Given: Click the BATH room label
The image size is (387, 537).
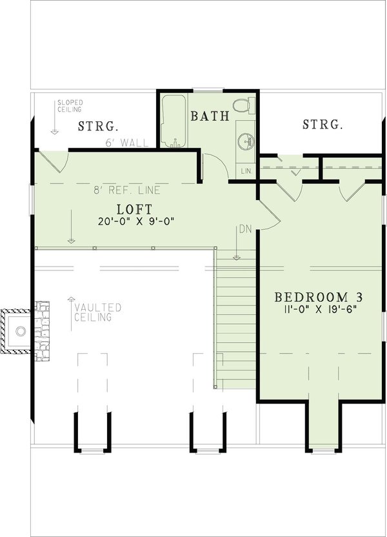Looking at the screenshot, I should [x=210, y=117].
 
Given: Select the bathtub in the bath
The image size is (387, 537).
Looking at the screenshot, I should [x=173, y=123].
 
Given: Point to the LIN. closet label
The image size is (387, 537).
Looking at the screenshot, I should [x=246, y=171].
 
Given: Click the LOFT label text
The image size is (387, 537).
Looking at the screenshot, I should [x=134, y=209].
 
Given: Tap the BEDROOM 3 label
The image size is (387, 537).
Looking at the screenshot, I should [x=319, y=298].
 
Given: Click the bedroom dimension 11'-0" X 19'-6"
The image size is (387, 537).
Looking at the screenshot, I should [x=319, y=310].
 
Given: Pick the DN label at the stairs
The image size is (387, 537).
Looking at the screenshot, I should [x=244, y=229].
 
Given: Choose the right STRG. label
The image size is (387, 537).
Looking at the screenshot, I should [x=322, y=125].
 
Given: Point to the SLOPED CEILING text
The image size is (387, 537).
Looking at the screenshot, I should [x=69, y=106].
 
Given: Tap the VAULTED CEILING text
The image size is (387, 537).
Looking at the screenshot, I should [x=97, y=312].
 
